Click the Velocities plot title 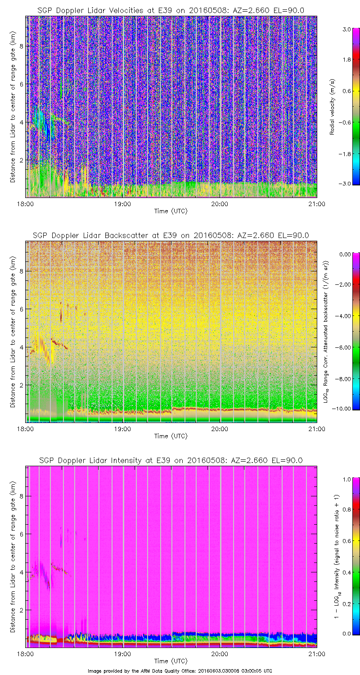coord(171,10)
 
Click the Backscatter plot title coord(171,235)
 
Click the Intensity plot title coord(171,460)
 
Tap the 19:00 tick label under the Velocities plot coord(122,203)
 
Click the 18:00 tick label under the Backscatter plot coord(25,428)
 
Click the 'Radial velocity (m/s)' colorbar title coord(333,107)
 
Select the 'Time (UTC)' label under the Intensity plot coord(171,661)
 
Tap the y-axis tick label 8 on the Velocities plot coord(20,45)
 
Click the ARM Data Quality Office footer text coord(180,670)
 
